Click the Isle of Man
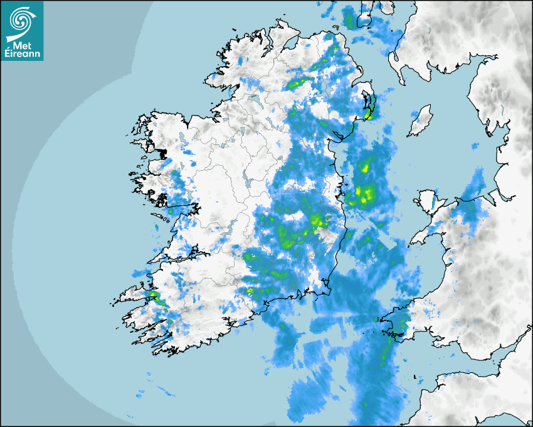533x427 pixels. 420,121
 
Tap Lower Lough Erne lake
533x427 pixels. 253,99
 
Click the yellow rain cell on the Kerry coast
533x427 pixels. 152,296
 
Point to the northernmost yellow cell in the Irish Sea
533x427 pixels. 365,167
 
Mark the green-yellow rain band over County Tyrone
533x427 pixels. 298,82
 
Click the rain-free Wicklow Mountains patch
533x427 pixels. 324,235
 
